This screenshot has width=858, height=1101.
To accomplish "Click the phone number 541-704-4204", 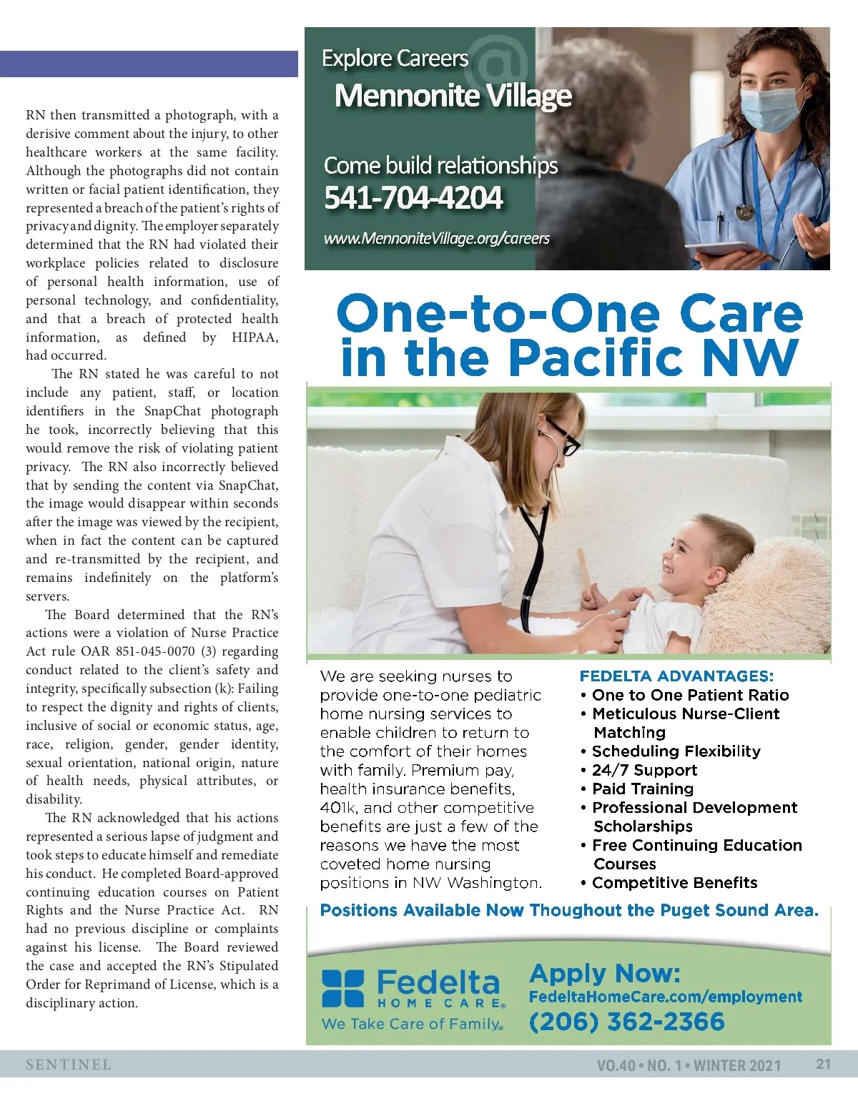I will coord(413,198).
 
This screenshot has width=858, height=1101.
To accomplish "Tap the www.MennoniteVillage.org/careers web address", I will coord(437,238).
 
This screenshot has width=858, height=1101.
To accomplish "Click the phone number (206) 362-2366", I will coord(627,1021).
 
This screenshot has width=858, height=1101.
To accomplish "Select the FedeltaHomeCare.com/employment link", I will coord(666,997).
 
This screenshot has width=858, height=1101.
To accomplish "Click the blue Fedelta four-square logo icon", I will coord(342,988).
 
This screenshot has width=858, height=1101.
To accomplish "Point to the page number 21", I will coord(824,1064).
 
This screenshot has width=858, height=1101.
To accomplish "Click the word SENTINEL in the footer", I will coord(69,1065).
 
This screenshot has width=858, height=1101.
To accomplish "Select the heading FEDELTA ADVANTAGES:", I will coord(676,676).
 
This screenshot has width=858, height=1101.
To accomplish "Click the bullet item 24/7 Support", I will coord(644,770).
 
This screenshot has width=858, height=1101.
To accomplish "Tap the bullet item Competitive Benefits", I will coord(674,883).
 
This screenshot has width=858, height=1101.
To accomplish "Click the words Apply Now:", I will coord(605,973).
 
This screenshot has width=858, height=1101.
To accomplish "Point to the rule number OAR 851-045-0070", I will coord(137,651).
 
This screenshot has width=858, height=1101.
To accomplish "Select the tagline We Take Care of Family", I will coord(412,1024).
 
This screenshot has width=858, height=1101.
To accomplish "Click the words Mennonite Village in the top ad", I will coord(453,96).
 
